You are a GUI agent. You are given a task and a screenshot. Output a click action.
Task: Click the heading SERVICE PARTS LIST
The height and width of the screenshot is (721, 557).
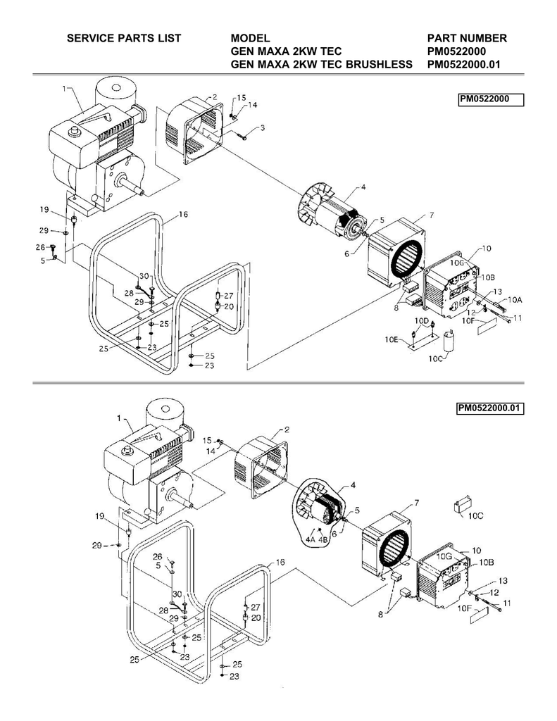point(124,38)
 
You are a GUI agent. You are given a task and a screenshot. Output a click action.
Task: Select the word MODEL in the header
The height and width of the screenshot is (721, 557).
point(250,38)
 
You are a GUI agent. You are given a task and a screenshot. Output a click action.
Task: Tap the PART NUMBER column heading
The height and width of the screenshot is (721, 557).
point(467,38)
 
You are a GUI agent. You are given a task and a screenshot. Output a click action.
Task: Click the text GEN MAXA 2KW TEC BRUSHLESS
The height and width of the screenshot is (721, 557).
point(322,64)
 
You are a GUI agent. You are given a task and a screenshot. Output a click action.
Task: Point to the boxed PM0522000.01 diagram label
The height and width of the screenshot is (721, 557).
point(490,408)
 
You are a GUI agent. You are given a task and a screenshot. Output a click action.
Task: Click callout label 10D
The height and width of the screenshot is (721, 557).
point(422,320)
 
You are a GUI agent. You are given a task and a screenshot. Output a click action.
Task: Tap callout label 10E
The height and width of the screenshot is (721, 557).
point(392,340)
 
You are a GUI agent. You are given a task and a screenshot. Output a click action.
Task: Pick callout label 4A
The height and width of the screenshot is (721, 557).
point(311,539)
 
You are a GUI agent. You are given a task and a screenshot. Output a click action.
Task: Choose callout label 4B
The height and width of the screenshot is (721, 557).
point(323,539)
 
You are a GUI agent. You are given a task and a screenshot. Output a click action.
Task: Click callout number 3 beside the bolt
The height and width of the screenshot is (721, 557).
point(262,128)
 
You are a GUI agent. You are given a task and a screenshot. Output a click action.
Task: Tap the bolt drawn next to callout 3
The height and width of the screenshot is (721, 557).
point(244,135)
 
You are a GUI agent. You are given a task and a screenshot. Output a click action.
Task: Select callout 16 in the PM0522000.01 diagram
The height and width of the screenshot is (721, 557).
point(280,563)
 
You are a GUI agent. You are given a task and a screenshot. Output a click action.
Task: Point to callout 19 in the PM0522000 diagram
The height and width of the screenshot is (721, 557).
point(44,210)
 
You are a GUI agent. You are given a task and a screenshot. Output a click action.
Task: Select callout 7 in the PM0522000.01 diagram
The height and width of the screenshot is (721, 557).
point(416,503)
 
